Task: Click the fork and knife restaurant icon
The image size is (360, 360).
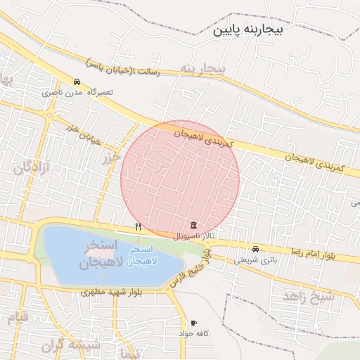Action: tap(138, 226)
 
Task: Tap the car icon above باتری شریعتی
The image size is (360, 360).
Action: tap(255, 249)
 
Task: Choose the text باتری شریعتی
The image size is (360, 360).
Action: tap(251, 259)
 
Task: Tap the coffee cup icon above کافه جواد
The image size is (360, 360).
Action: tap(193, 323)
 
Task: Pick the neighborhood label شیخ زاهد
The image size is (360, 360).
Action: tap(309, 296)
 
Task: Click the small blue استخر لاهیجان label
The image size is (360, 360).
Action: tap(146, 255)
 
